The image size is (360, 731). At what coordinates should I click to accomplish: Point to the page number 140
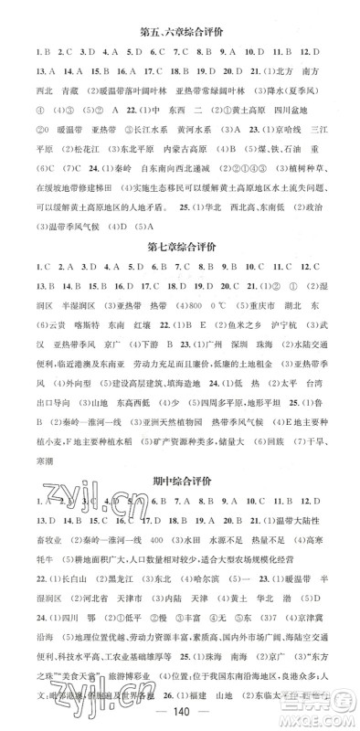(x=180, y=712)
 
